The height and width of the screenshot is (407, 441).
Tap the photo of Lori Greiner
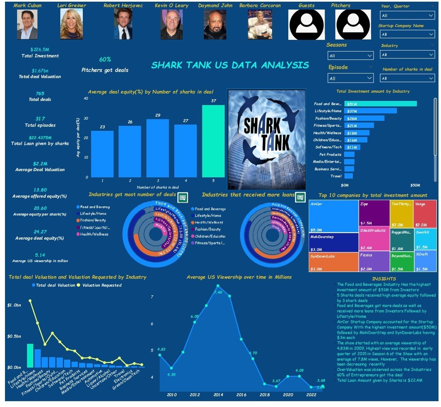[x=71, y=24]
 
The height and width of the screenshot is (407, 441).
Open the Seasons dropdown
[x=350, y=55]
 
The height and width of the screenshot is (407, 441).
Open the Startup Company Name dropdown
[x=407, y=34]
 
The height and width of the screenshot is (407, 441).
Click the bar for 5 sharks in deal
[x=213, y=141]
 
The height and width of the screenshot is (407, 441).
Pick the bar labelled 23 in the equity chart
[x=102, y=154]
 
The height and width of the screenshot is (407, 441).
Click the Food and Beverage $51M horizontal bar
[x=380, y=104]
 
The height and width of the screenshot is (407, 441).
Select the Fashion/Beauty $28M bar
[x=364, y=118]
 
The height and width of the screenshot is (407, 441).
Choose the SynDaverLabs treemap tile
[x=334, y=262]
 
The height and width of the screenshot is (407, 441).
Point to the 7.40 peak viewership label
[x=218, y=292]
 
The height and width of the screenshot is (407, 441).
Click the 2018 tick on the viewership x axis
[x=265, y=394]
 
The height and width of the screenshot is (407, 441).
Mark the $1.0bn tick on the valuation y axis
[x=14, y=305]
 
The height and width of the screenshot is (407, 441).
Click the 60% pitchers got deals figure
[x=105, y=59]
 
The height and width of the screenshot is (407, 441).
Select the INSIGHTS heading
[x=384, y=279]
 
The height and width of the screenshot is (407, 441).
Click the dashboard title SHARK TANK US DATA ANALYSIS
[x=230, y=65]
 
